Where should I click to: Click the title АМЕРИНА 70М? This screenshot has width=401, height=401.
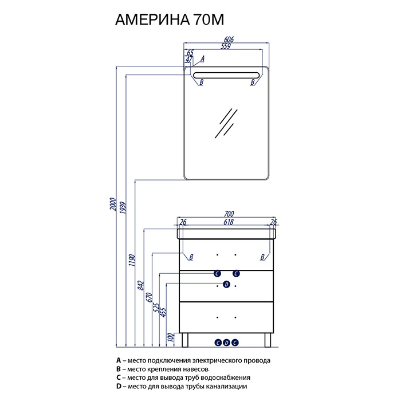pyautogui.click(x=170, y=19)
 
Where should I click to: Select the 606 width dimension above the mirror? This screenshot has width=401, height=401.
pyautogui.click(x=229, y=40)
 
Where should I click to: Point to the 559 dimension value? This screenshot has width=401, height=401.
pyautogui.click(x=226, y=46)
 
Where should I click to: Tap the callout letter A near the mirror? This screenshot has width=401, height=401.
pyautogui.click(x=202, y=58)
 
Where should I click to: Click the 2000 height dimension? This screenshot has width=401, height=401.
pyautogui.click(x=113, y=204)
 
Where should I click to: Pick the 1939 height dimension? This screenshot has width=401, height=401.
pyautogui.click(x=123, y=208)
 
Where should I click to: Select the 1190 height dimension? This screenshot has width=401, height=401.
pyautogui.click(x=132, y=260)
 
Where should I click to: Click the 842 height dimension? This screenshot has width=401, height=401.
pyautogui.click(x=141, y=285)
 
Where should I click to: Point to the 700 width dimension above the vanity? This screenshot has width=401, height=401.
pyautogui.click(x=229, y=214)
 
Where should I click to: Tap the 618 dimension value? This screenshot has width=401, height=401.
pyautogui.click(x=229, y=222)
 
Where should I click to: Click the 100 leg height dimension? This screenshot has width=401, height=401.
pyautogui.click(x=171, y=337)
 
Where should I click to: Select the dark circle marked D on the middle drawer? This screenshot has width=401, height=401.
pyautogui.click(x=227, y=284)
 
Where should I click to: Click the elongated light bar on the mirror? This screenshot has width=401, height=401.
pyautogui.click(x=227, y=75)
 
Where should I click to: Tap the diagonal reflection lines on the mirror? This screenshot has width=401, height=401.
pyautogui.click(x=226, y=123)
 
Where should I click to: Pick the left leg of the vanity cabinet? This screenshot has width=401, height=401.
pyautogui.click(x=185, y=340)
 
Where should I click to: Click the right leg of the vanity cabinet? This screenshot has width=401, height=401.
pyautogui.click(x=268, y=340)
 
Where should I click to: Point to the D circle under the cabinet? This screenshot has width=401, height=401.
pyautogui.click(x=227, y=343)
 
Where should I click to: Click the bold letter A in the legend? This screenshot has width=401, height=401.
pyautogui.click(x=119, y=360)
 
